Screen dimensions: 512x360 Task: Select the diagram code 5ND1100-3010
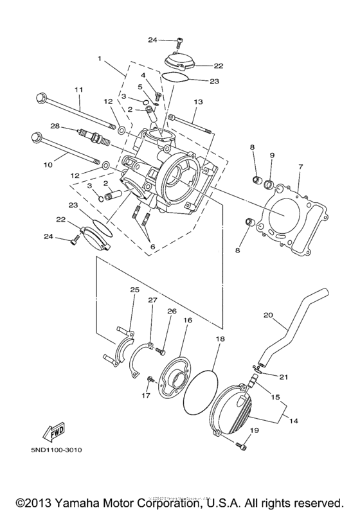coord(56,450)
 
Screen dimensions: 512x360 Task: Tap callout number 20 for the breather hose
coord(269,315)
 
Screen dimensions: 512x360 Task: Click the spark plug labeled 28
coord(87,136)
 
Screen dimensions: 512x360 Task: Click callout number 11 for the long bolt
coord(79,89)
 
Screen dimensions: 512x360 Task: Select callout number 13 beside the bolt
coord(197,102)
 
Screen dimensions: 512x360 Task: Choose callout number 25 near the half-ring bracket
coord(134,290)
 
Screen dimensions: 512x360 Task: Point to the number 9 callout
coord(272,156)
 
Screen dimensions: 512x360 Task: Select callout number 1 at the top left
coord(100,58)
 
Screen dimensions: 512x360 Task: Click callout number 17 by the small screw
coord(145,396)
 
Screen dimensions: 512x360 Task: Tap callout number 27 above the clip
coord(152,300)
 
